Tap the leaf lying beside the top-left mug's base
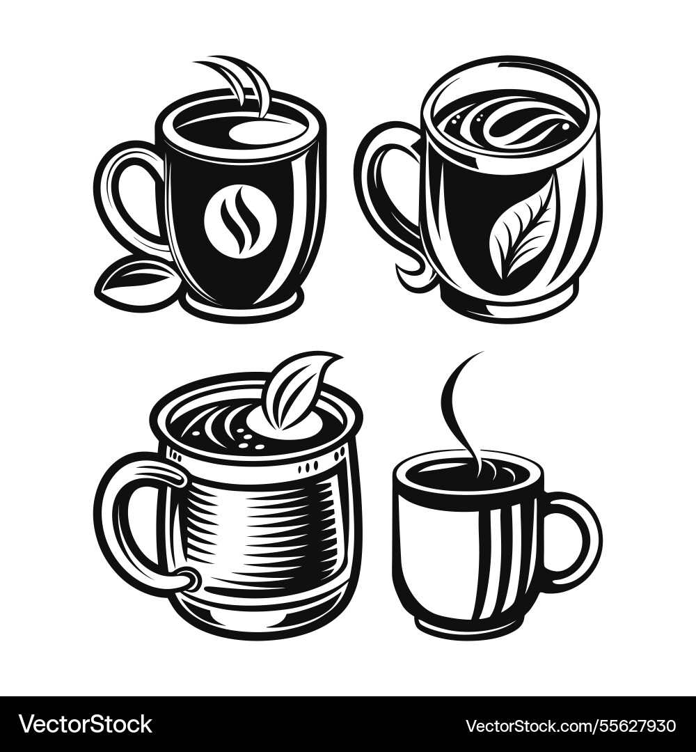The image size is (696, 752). pyautogui.click(x=136, y=281)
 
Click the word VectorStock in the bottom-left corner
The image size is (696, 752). pyautogui.click(x=85, y=724)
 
